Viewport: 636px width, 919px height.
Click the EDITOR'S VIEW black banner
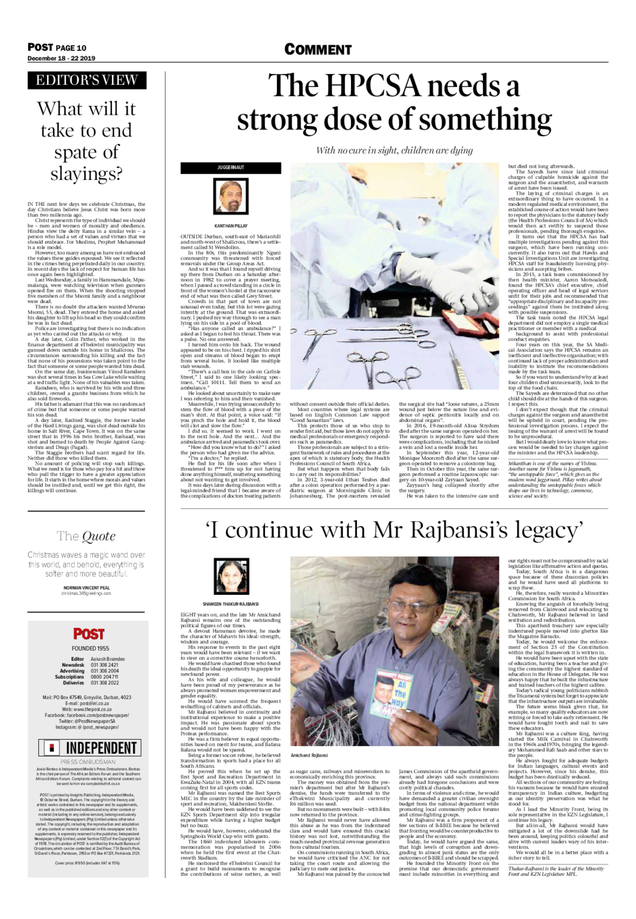coord(87,81)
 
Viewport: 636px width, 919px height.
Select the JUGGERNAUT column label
coord(231,168)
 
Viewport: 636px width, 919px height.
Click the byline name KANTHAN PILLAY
coord(231,225)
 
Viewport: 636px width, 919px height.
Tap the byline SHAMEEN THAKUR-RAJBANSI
coord(231,604)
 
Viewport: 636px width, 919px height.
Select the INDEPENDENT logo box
coord(88,748)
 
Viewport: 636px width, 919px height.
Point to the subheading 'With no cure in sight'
coord(394,151)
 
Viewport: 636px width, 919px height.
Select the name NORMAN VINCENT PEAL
coord(87,588)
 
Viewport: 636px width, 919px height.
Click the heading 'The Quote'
coord(86,535)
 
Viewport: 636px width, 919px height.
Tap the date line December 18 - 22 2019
coord(61,58)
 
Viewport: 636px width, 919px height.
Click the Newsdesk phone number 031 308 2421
coord(105,665)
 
